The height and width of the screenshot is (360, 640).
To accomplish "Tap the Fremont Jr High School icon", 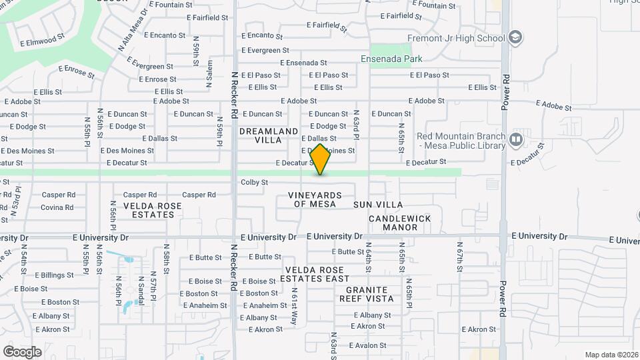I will (515, 38).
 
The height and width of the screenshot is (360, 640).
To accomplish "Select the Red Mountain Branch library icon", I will (515, 139).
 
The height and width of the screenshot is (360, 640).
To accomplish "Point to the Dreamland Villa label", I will (269, 136).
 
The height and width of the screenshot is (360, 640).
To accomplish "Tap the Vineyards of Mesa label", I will (315, 199).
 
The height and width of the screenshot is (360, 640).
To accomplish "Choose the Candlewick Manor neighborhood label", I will (400, 223).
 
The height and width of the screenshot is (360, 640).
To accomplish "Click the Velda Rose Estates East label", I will (317, 274).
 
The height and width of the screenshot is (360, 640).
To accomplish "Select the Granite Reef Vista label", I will (370, 294).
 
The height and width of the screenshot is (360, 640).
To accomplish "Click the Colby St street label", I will (254, 182).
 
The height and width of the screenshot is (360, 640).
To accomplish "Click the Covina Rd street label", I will (57, 207).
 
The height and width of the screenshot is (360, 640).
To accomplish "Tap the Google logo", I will (22, 351).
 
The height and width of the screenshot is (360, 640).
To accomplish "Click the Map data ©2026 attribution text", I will (611, 355).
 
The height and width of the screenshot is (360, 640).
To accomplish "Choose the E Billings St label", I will (54, 275).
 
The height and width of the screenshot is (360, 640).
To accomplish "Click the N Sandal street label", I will (141, 291).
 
